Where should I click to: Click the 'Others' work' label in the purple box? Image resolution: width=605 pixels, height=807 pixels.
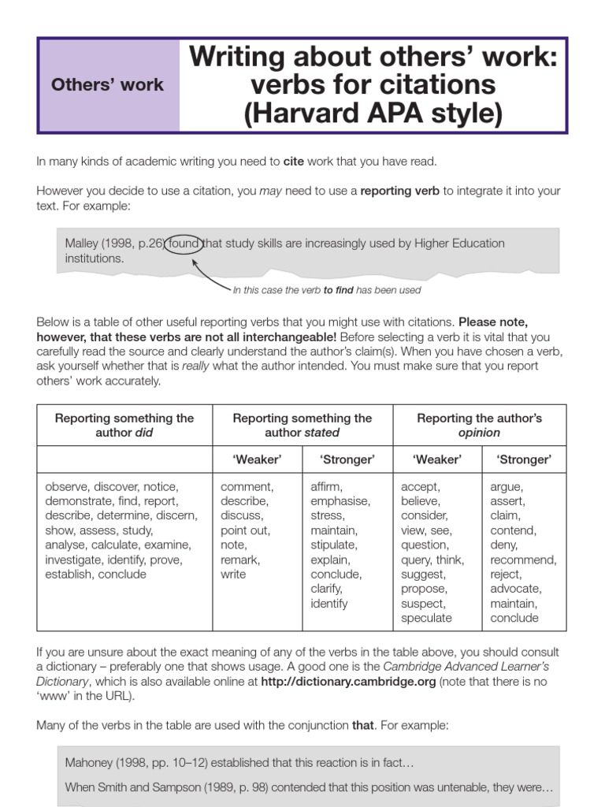point(107,85)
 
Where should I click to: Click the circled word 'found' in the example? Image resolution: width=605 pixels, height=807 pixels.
point(183,243)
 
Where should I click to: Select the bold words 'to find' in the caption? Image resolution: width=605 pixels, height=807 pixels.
point(338,290)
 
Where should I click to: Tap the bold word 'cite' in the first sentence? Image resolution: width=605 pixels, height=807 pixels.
point(293,162)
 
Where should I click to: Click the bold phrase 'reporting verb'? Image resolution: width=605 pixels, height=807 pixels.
point(401,191)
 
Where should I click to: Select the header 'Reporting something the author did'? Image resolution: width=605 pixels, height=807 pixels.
point(124,426)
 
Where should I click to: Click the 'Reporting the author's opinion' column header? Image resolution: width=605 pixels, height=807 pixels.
point(479,426)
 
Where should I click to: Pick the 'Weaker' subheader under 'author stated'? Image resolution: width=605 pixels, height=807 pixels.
point(257,459)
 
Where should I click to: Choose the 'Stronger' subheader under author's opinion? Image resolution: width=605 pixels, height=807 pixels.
point(524,459)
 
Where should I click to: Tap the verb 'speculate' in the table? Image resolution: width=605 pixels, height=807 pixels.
point(426,619)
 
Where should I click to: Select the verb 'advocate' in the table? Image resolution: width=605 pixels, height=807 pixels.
point(515,589)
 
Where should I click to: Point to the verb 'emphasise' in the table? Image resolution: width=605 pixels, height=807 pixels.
point(340,501)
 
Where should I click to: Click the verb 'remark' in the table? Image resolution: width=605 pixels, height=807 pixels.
point(240,560)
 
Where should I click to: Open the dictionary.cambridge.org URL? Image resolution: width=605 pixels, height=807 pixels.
point(348,682)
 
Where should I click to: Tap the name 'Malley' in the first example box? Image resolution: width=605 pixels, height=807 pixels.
point(83,243)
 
